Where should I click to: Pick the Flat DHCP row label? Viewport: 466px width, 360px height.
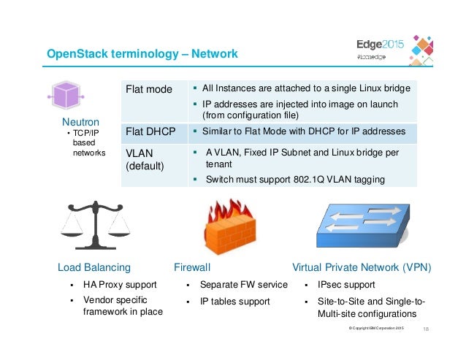point(153,131)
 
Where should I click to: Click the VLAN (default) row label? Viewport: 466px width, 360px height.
point(146,160)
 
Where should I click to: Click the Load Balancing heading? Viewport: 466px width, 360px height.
point(94,267)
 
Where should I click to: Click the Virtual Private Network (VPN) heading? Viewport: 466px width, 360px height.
point(362,267)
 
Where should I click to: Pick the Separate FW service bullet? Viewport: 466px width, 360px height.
point(243,285)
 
